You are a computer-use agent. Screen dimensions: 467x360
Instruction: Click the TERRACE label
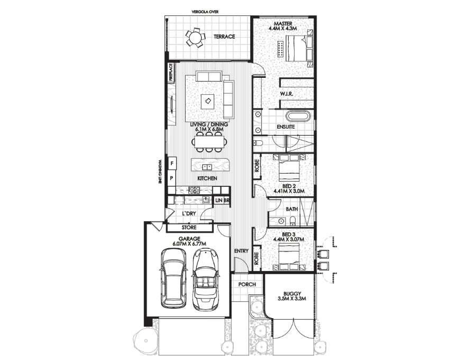pos(224,37)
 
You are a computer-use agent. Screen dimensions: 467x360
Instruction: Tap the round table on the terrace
pos(196,38)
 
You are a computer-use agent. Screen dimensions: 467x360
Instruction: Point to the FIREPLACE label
pos(171,72)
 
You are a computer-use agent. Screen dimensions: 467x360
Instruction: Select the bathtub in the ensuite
pos(298,116)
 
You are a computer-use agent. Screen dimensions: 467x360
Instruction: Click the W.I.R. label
pos(287,94)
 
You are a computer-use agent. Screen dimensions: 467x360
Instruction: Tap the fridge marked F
pos(172,164)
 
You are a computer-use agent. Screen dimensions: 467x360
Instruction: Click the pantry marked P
pos(172,178)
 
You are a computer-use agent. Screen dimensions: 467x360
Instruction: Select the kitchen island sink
pos(207,167)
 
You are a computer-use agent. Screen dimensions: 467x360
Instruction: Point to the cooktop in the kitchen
pos(194,190)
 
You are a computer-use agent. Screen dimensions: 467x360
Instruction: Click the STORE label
pos(189,228)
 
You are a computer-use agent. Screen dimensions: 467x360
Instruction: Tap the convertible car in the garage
pos(205,279)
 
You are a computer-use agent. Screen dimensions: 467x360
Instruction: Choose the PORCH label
pos(247,284)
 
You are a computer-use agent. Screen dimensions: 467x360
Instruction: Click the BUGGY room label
pos(292,293)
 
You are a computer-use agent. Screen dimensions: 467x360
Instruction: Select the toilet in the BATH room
pos(292,221)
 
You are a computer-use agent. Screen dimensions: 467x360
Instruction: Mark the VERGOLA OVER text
pos(205,12)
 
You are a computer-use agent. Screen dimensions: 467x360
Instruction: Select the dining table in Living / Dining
pos(209,142)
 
